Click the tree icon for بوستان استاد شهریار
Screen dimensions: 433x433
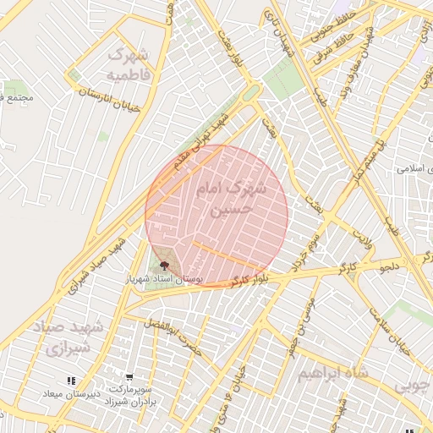point(165,266)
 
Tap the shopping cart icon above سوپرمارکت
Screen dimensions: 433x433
point(129,377)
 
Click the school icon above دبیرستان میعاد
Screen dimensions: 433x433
point(70,381)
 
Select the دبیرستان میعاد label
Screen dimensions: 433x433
point(72,395)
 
